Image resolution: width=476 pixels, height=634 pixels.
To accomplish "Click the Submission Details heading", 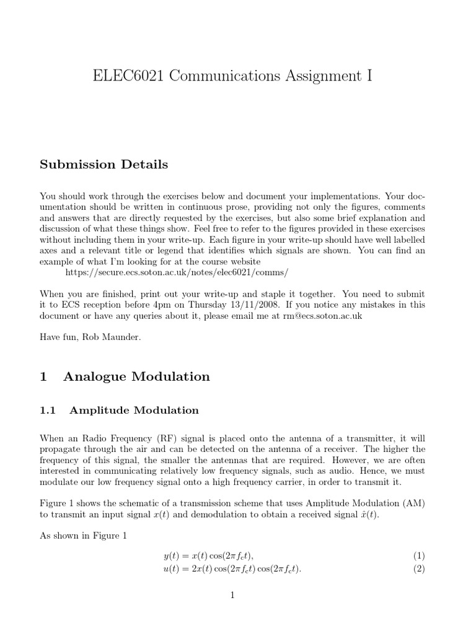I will pyautogui.click(x=104, y=165).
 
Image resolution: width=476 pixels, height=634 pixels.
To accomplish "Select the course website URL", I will pyautogui.click(x=177, y=272).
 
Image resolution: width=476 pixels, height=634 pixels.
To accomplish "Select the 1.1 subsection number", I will pyautogui.click(x=48, y=410).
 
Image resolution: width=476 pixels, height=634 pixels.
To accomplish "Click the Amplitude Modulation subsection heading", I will pyautogui.click(x=134, y=410).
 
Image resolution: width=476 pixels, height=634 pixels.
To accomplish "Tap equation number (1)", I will pyautogui.click(x=419, y=557).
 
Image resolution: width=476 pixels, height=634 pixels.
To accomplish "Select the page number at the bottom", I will pyautogui.click(x=232, y=596).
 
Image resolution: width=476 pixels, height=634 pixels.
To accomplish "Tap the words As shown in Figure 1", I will pyautogui.click(x=83, y=536).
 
